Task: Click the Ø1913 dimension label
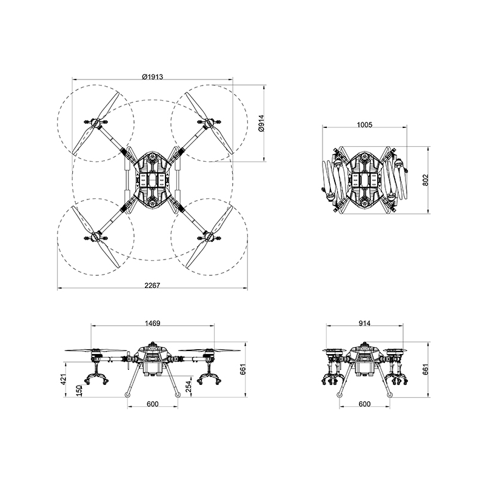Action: click(153, 76)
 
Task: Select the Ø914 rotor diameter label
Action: click(262, 123)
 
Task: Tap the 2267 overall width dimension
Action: click(153, 285)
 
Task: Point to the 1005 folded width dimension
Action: click(365, 125)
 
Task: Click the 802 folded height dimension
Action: click(426, 180)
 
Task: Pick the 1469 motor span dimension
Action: click(153, 323)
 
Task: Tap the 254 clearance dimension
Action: click(189, 387)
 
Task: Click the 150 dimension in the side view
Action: click(79, 390)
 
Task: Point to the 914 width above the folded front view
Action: click(365, 323)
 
